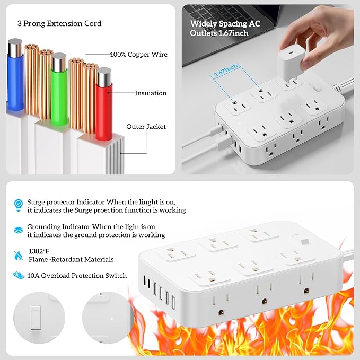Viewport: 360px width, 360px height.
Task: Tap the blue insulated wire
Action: pos(15,74)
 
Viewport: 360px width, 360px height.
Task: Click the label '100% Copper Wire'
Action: pos(138,55)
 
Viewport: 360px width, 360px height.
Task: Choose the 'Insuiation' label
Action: pos(151,93)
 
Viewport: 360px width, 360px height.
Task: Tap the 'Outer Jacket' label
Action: pos(146,127)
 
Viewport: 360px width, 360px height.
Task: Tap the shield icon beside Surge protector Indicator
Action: pos(19,203)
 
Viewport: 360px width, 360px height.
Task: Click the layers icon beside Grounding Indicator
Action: pos(19,229)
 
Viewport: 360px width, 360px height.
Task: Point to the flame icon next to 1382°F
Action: pos(19,254)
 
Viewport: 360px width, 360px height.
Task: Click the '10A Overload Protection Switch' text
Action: pos(77,276)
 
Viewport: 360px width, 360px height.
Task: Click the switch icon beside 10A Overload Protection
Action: pos(19,276)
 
